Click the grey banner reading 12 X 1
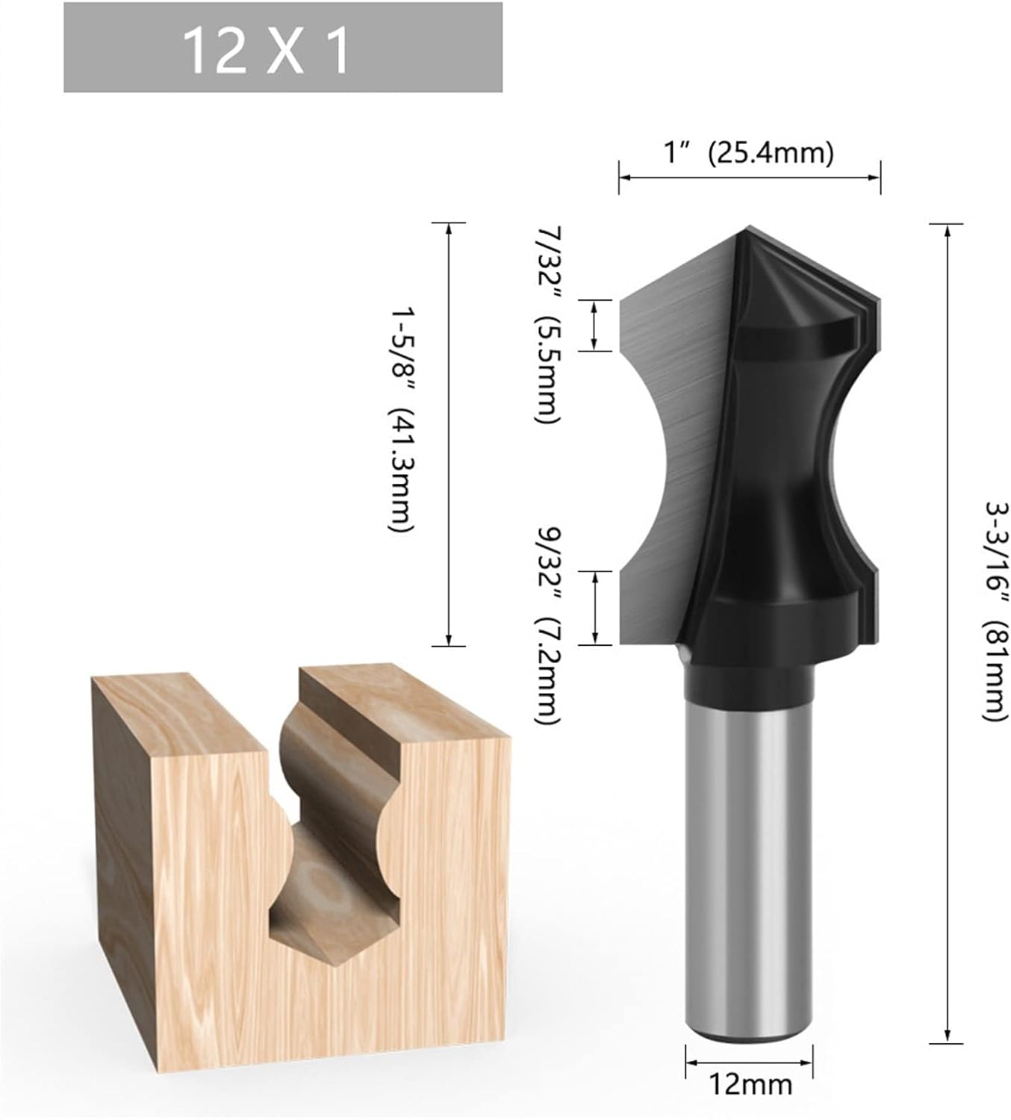pyautogui.click(x=282, y=48)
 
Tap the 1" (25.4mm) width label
pyautogui.click(x=748, y=153)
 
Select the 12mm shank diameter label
pyautogui.click(x=750, y=1083)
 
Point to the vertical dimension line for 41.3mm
pyautogui.click(x=449, y=434)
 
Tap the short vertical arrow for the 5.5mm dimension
pyautogui.click(x=595, y=325)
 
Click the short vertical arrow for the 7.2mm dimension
pyautogui.click(x=595, y=607)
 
